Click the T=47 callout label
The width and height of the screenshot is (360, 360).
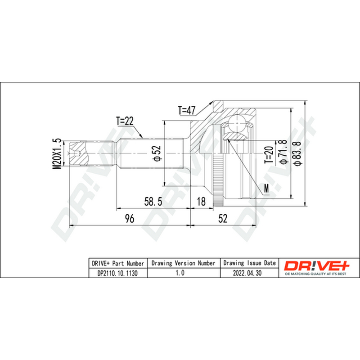[x=187, y=110]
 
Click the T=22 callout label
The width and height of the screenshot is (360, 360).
[x=125, y=121]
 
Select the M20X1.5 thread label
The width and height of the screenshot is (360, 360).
[x=57, y=154]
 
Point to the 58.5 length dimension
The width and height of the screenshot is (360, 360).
[x=153, y=201]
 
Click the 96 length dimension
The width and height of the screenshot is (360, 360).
[x=130, y=218]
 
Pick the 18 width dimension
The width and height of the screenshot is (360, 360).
[x=201, y=201]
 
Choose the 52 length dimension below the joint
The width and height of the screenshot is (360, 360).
[x=223, y=218]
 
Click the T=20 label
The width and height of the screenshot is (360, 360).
[x=269, y=154]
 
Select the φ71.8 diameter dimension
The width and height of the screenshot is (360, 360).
[x=283, y=152]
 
